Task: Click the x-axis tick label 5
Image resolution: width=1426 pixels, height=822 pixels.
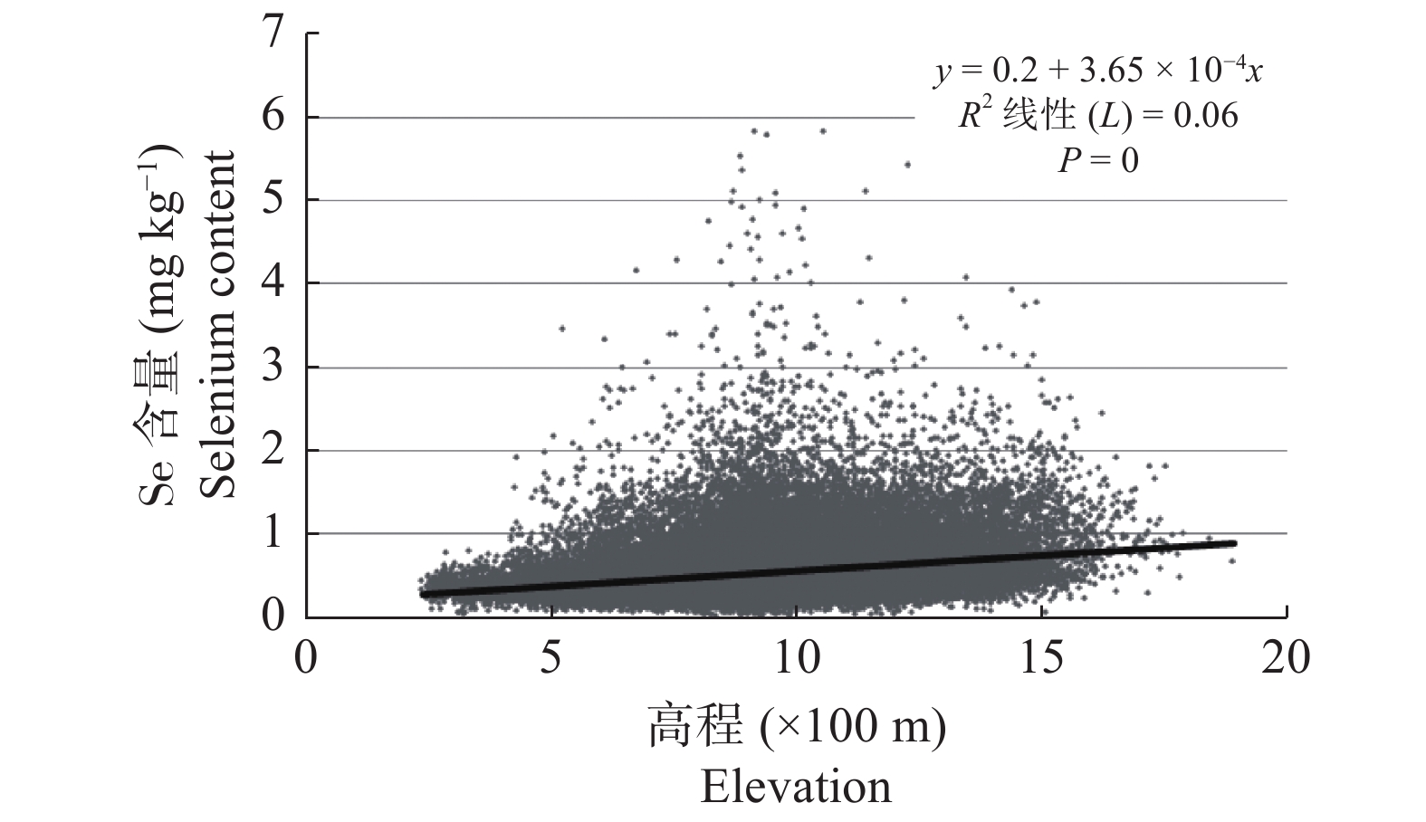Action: point(550,658)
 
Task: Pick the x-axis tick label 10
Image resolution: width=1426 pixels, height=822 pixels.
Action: point(795,658)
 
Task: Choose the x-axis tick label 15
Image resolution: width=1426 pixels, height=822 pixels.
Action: point(1040,658)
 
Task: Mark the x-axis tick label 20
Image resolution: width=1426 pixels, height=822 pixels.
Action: point(1285,658)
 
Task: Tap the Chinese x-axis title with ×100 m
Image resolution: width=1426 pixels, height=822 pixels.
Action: point(796,726)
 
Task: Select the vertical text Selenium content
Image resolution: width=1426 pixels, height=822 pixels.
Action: point(218,324)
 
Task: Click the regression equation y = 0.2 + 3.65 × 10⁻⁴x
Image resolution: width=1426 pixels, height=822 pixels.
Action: point(1098,71)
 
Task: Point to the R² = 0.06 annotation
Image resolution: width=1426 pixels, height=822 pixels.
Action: point(1098,116)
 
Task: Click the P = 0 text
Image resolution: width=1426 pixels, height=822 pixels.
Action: point(1098,160)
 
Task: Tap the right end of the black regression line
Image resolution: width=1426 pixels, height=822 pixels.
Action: point(1234,543)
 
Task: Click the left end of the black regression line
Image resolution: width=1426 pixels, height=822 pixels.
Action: point(423,594)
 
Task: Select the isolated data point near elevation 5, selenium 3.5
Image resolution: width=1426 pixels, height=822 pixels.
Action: point(561,328)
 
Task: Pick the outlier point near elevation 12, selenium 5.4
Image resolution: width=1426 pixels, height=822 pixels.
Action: point(907,165)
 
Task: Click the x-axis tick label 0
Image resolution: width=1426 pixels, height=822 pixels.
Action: point(306,658)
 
